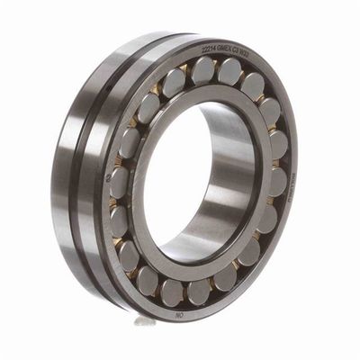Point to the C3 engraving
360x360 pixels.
click(238, 50)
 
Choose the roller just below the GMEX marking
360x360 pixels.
click(230, 72)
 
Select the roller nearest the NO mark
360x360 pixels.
click(197, 291)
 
